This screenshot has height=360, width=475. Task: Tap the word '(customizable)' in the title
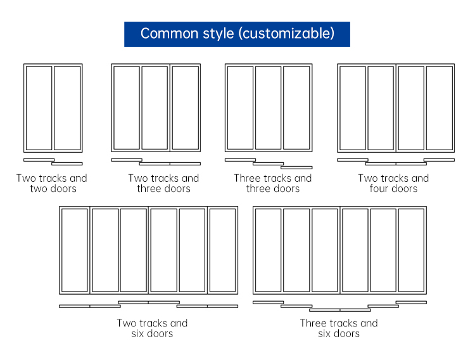[x=286, y=34]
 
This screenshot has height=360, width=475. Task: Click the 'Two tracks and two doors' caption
[x=52, y=183]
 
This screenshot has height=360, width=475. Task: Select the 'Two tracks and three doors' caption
[x=163, y=183]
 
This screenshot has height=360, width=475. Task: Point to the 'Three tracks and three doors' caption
[x=272, y=183]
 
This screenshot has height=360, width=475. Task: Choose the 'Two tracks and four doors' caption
[x=393, y=183]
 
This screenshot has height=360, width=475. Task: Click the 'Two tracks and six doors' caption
[x=152, y=328]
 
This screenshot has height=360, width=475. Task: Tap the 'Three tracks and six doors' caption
[x=339, y=328]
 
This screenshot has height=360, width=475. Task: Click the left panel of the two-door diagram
[x=39, y=108]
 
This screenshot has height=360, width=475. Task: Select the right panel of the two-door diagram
[x=67, y=108]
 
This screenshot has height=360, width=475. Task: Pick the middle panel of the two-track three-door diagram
[x=155, y=108]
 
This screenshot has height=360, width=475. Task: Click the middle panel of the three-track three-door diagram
[x=269, y=108]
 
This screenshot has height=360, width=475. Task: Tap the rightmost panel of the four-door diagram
[x=440, y=108]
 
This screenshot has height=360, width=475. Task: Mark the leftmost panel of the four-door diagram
[x=353, y=108]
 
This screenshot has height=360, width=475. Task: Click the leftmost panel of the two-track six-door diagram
[x=75, y=250]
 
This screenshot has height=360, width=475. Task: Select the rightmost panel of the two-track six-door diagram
[x=223, y=250]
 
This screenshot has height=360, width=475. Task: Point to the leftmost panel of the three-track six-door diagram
[x=268, y=250]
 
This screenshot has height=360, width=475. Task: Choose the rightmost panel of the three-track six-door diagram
[x=412, y=250]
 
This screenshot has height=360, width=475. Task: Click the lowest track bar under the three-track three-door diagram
[x=296, y=167]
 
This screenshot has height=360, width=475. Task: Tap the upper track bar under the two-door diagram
[x=39, y=160]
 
